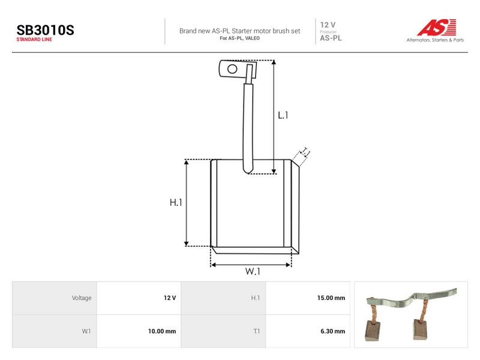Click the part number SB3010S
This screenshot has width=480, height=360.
(46, 31)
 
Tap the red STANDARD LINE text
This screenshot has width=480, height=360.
(34, 40)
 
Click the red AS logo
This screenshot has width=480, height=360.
(437, 27)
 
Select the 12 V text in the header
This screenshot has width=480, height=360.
(328, 25)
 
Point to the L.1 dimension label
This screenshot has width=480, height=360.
(283, 115)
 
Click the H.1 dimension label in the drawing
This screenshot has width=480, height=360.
(176, 202)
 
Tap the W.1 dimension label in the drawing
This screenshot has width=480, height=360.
(253, 271)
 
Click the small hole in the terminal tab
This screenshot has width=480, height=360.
(232, 69)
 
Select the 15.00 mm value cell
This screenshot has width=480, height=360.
(308, 298)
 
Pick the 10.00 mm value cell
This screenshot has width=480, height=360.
(139, 331)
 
